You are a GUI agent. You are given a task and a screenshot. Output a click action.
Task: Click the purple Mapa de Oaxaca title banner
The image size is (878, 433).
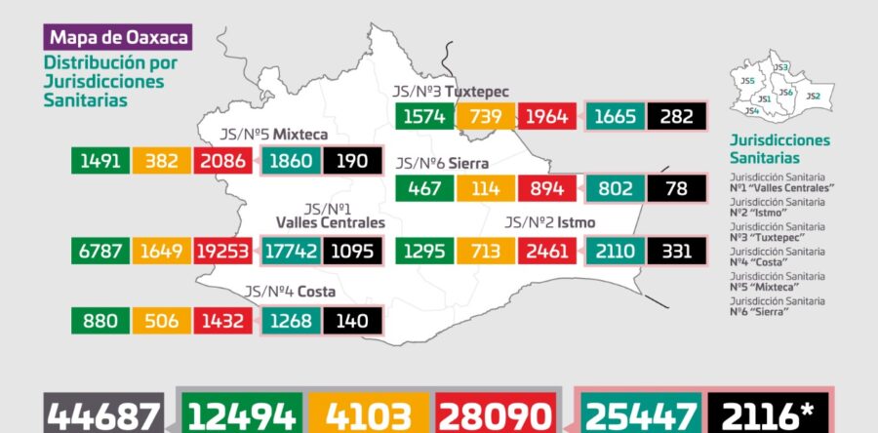coord(117,38)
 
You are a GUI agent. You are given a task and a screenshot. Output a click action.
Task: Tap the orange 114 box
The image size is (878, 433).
coord(486,187)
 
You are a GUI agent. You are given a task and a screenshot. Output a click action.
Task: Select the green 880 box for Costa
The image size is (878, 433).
coord(100,321)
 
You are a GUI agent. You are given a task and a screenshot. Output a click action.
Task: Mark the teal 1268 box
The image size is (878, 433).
coord(292,321)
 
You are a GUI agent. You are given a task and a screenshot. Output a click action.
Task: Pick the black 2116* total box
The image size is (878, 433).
coord(770,416)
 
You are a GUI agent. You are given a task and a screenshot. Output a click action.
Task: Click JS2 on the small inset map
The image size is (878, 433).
coord(813,97)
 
